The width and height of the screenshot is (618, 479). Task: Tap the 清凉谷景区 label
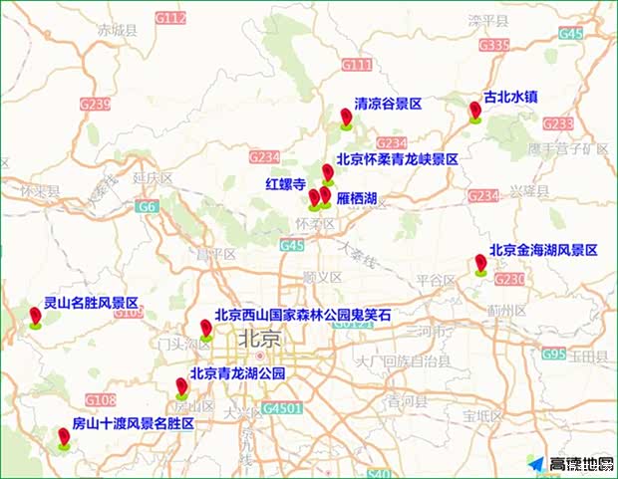[389, 104]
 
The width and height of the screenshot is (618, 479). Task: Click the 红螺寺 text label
[285, 184]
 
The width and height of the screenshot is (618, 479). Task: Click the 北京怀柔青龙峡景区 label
[397, 158]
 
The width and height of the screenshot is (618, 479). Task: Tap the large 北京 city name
[259, 340]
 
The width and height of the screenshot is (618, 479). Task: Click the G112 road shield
[170, 18]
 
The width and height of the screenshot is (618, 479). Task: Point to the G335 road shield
[493, 45]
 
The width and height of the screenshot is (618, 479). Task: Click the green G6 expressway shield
[148, 207]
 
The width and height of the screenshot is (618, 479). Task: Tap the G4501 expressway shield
[282, 408]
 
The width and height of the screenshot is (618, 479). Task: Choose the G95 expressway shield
[553, 354]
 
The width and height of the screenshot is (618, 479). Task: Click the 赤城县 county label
[117, 31]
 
